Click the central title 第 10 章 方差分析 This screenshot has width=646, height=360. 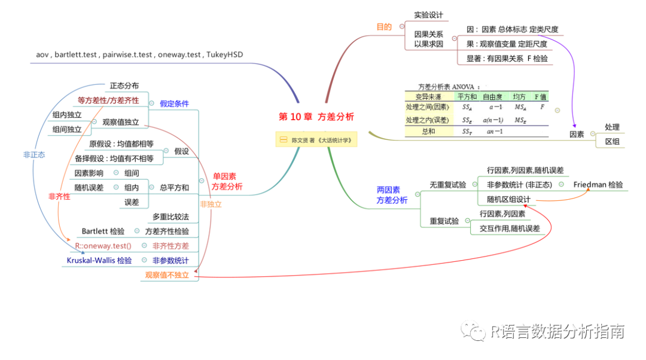tap(316, 117)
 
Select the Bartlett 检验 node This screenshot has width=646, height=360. tap(103, 231)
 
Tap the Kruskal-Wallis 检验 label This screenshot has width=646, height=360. tap(99, 261)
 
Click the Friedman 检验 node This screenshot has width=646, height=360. tap(598, 185)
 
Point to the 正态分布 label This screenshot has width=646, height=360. tap(124, 86)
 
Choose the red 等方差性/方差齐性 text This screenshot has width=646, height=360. tap(108, 100)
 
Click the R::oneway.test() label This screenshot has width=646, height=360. tap(103, 246)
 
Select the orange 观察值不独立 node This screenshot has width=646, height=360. tap(167, 276)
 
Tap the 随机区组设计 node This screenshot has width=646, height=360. tap(508, 199)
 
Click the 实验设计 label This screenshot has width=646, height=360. tap(428, 15)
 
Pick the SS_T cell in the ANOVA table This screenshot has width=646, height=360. tap(466, 132)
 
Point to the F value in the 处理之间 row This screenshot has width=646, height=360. tap(542, 107)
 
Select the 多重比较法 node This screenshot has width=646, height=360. tap(170, 216)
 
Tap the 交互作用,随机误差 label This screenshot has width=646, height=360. tap(510, 228)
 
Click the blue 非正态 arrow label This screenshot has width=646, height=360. tap(34, 154)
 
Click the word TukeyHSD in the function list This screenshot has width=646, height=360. tap(225, 54)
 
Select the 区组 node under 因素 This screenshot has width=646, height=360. tap(612, 141)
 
